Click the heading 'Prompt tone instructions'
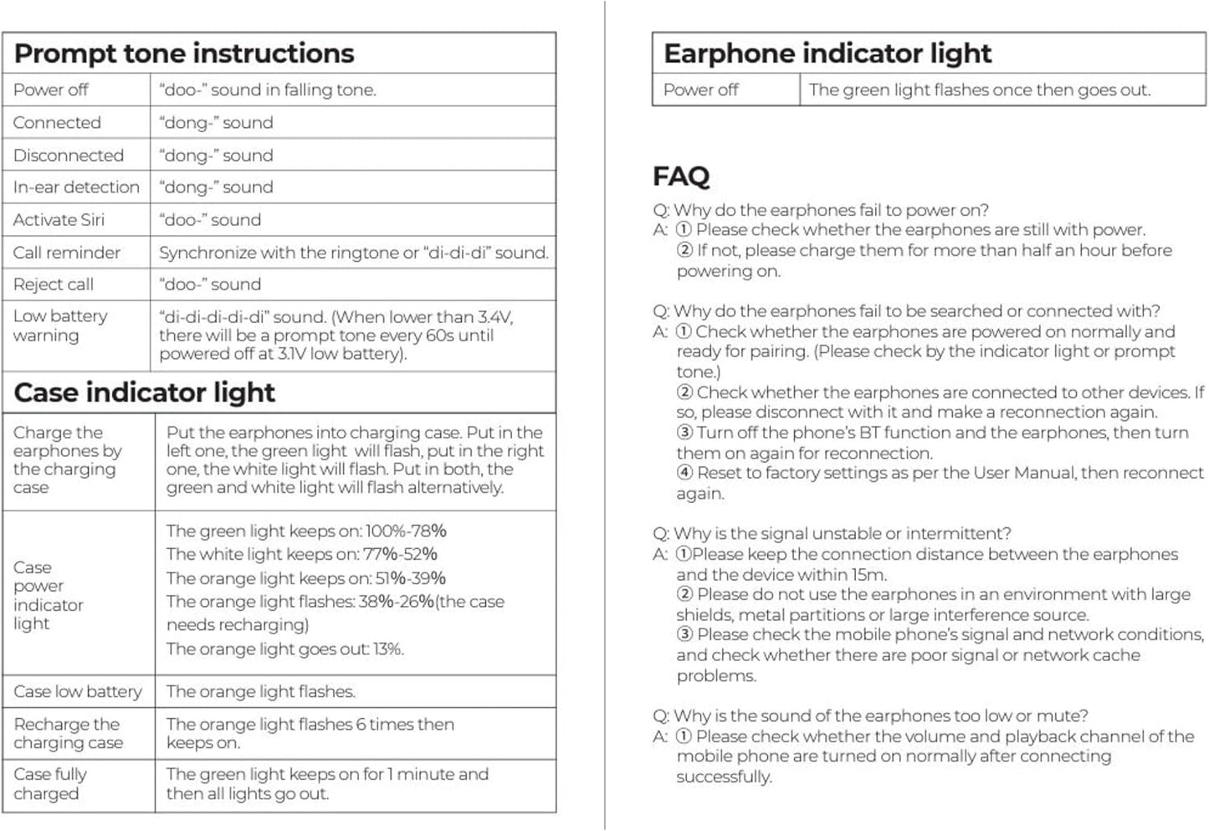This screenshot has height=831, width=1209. click(x=184, y=54)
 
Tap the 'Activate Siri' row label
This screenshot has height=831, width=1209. click(x=59, y=220)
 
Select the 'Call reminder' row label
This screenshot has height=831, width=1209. click(x=67, y=253)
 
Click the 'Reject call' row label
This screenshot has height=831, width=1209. click(x=54, y=285)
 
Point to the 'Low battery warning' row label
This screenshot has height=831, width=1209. click(x=60, y=326)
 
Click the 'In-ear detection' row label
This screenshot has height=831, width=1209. click(x=76, y=187)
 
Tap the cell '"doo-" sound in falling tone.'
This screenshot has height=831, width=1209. click(x=268, y=90)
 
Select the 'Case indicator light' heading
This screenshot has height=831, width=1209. click(x=145, y=392)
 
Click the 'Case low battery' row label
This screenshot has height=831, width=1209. click(x=78, y=692)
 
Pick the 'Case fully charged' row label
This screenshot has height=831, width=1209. click(x=50, y=784)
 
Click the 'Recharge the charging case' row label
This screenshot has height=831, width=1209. click(x=68, y=733)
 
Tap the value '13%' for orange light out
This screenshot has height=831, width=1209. click(x=387, y=649)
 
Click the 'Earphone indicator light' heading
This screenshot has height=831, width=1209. click(x=827, y=54)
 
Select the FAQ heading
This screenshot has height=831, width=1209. click(x=681, y=177)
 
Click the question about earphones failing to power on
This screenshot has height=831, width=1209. click(x=821, y=210)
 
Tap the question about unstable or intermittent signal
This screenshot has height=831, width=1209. click(x=832, y=534)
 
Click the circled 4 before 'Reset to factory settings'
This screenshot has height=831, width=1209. click(x=685, y=473)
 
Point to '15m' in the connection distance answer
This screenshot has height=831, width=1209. click(x=870, y=575)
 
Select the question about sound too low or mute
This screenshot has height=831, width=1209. click(x=870, y=716)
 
